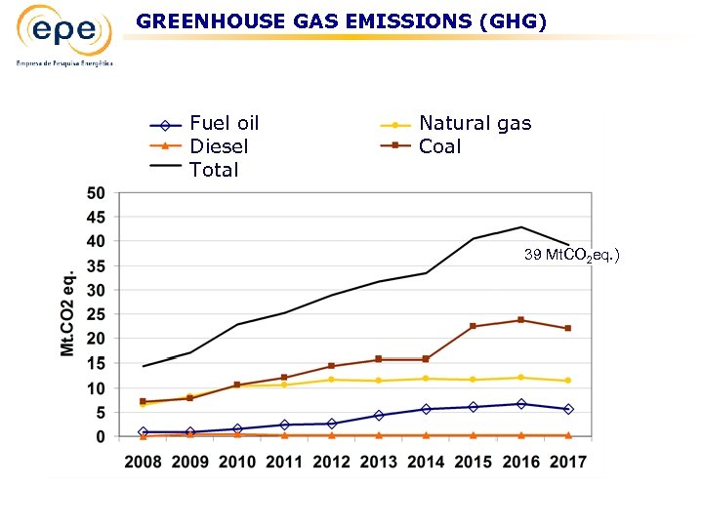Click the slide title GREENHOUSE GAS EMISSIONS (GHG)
tap(342, 20)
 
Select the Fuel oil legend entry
tap(224, 123)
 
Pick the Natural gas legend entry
tap(475, 123)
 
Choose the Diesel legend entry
tap(219, 146)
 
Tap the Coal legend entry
tap(439, 146)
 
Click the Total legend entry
tap(214, 170)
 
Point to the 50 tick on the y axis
tap(97, 192)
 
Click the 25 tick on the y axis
tap(97, 314)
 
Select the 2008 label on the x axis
tap(143, 461)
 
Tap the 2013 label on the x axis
tap(379, 461)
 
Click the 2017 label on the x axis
tap(567, 461)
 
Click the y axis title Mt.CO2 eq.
tap(68, 313)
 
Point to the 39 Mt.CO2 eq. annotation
tap(571, 255)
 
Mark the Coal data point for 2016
tap(520, 320)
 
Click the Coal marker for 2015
tap(474, 326)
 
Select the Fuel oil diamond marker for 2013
tap(379, 415)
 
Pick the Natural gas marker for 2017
tap(567, 381)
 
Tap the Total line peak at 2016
tap(520, 227)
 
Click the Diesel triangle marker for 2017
tap(567, 435)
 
